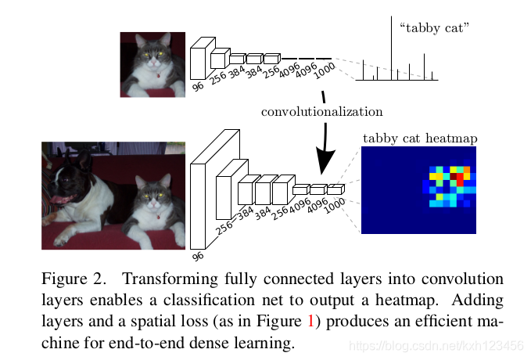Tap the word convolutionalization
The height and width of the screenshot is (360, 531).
(x=322, y=112)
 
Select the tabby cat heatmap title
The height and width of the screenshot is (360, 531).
(x=420, y=139)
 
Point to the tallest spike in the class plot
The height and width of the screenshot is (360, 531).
(x=392, y=47)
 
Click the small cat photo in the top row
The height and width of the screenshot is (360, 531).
(x=152, y=64)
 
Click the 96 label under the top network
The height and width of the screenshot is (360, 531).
(x=198, y=86)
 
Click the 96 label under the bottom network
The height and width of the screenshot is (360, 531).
(x=198, y=256)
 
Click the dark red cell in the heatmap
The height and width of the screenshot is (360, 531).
(x=452, y=177)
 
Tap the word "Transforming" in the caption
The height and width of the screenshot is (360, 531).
(x=165, y=279)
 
